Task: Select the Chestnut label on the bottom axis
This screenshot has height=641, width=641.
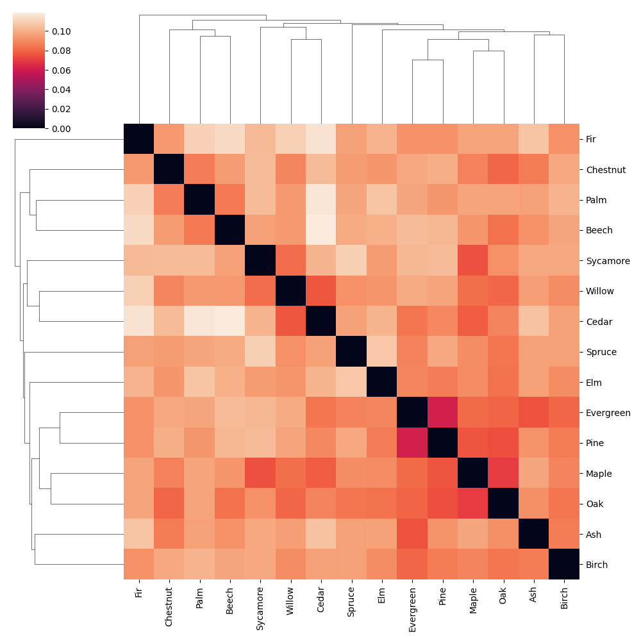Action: (169, 602)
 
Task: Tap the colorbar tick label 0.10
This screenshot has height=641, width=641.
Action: (62, 31)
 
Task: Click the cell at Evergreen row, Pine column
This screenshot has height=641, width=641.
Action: (443, 413)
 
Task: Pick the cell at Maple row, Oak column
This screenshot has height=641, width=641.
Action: (504, 474)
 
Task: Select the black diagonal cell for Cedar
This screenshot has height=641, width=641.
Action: (321, 322)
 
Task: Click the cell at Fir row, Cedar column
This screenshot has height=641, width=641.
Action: (321, 139)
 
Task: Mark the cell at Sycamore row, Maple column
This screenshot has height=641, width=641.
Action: (473, 261)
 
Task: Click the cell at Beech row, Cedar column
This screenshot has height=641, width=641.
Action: (321, 230)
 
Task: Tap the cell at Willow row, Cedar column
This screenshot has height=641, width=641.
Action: (321, 291)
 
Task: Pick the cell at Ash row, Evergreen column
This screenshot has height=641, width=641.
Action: (413, 535)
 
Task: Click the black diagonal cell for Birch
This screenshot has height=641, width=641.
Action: (565, 565)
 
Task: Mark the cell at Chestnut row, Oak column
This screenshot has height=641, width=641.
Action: (504, 169)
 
